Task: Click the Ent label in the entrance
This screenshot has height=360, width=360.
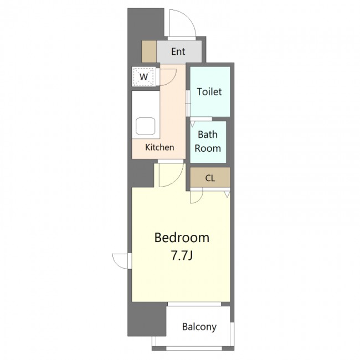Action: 178,52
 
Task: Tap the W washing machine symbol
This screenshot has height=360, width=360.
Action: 144,76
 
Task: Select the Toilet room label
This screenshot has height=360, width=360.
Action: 209,92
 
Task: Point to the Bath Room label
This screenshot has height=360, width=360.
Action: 208,141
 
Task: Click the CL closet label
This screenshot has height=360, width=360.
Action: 210,178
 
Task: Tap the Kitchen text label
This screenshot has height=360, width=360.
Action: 160,147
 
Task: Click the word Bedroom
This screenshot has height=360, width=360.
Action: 182,238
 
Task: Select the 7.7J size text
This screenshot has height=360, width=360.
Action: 182,255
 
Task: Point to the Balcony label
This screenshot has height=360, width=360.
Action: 199,327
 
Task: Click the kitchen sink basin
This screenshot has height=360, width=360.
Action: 145,126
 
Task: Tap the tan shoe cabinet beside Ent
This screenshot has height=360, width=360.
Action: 149,52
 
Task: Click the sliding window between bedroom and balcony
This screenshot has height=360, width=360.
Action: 194,304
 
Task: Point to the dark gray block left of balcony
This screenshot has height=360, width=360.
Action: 146,319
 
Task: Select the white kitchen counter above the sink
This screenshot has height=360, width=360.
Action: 146,104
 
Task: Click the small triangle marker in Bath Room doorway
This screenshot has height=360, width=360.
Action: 192,124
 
